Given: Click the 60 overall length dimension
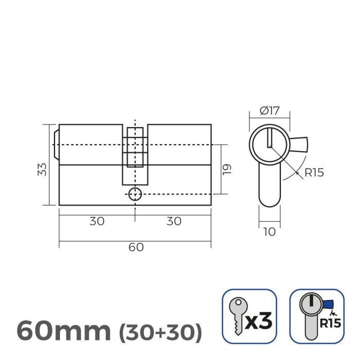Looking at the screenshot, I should click(x=136, y=247).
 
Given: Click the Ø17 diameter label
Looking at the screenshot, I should click(x=269, y=110).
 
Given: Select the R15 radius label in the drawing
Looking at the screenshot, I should click(x=314, y=173).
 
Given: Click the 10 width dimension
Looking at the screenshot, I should click(x=269, y=232).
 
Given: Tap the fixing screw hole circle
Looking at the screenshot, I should click(x=135, y=194).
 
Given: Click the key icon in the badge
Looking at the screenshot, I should click(x=236, y=315).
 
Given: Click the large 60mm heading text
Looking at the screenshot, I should click(x=63, y=330).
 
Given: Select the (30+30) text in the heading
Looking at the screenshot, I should click(x=160, y=332).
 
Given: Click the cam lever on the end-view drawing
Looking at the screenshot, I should click(x=298, y=145).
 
